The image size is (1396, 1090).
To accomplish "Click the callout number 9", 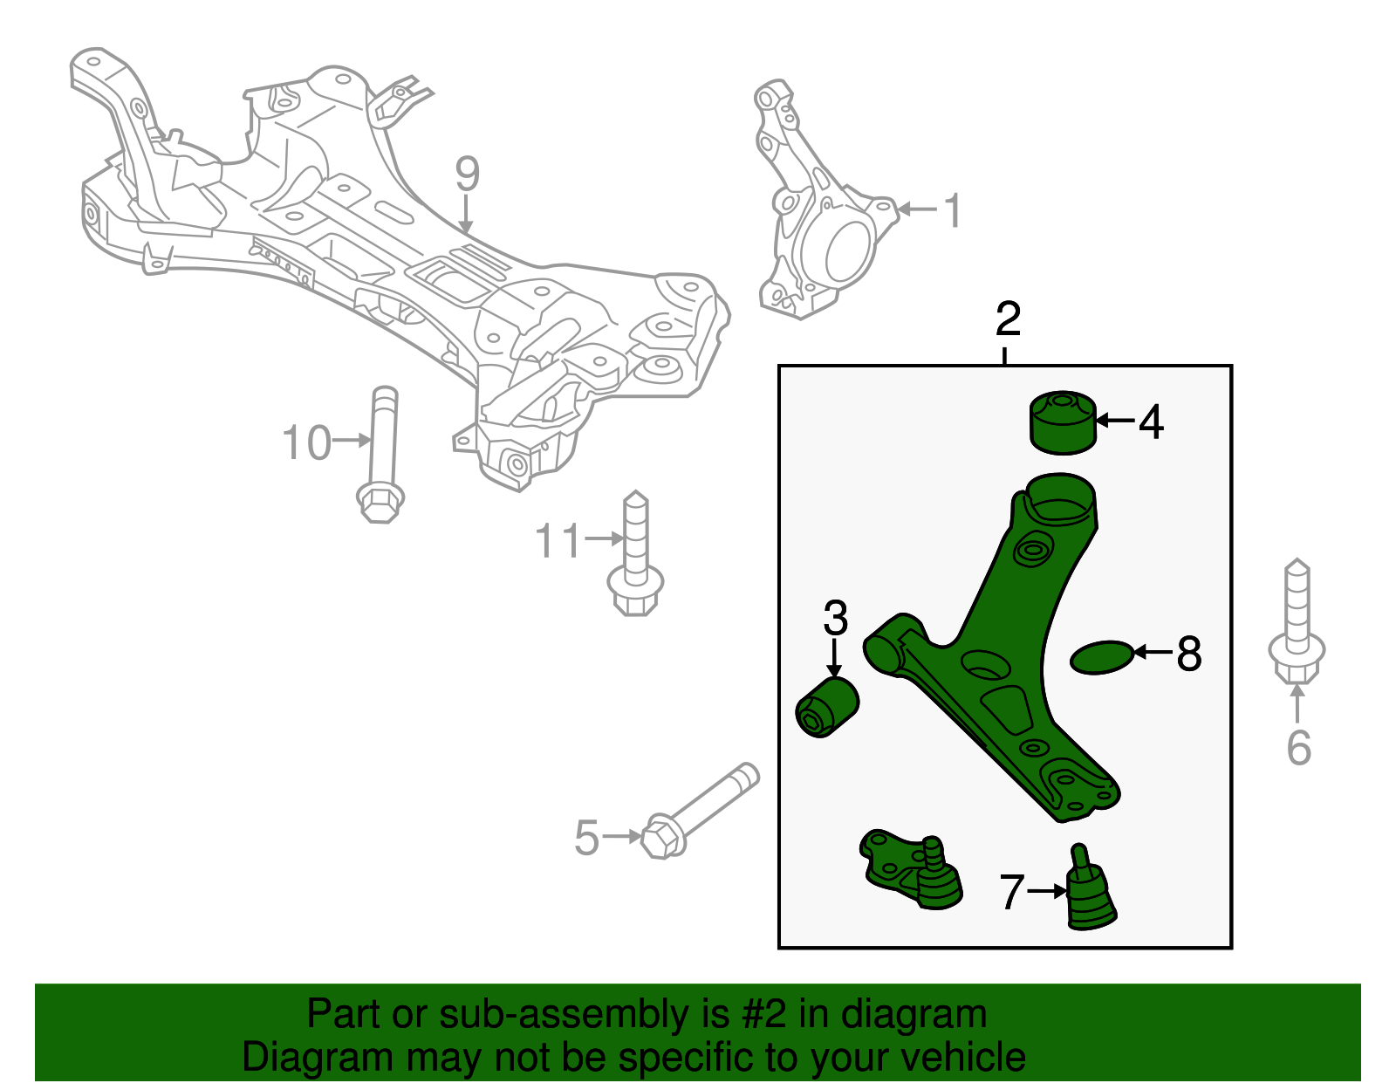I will coord(467,175).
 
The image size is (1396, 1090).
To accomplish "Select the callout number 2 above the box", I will coord(1008,319).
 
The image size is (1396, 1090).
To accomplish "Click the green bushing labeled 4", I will coord(1063,423).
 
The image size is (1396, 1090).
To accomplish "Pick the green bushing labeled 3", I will coord(828,707).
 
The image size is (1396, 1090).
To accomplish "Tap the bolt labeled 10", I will coord(382,454).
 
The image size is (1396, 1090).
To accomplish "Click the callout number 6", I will coord(1298,748).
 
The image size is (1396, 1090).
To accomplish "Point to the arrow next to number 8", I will coord(1152,652).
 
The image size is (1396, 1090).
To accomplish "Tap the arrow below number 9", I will coord(467,215).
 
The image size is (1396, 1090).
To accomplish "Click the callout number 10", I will coord(306,443).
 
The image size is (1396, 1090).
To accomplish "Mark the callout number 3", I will coord(835,619).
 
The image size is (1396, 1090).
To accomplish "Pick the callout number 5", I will coord(586,838).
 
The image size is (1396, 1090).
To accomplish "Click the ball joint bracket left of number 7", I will coord(907,869).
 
